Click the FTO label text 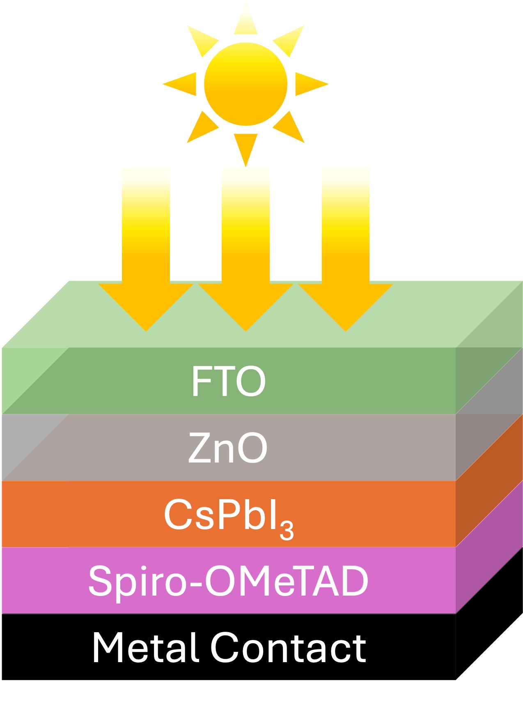tap(229, 381)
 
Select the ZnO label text tap(228, 448)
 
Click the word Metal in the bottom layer tap(145, 647)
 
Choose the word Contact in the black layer tap(288, 648)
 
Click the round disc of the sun tap(245, 84)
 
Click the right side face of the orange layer tap(489, 481)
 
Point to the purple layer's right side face tap(489, 546)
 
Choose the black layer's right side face tap(489, 613)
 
